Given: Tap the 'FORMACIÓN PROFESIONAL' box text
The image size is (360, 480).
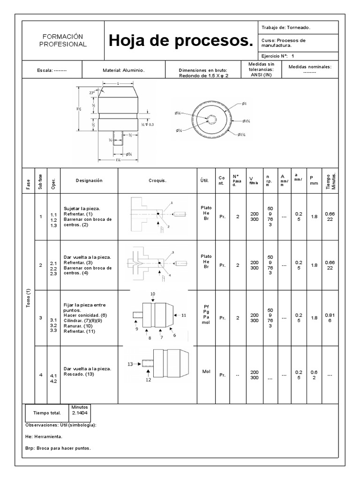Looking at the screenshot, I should (x=62, y=40).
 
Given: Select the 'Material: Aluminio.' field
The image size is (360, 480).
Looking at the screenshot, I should (x=123, y=70).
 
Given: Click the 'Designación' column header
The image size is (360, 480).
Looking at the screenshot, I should (x=89, y=180).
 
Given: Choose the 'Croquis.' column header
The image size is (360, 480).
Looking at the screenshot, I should (x=157, y=180).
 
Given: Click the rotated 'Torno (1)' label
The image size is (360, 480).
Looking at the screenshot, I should (x=29, y=297).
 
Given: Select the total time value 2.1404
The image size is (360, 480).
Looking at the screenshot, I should (x=80, y=416).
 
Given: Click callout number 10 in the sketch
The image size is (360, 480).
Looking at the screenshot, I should (x=153, y=293).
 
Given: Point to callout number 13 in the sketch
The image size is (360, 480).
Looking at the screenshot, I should (x=131, y=363).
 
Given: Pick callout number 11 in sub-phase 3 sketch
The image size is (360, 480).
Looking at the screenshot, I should (x=184, y=315).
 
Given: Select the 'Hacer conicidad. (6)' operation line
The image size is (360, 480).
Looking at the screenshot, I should (x=85, y=315).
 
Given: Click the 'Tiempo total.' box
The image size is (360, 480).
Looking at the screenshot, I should (x=47, y=413).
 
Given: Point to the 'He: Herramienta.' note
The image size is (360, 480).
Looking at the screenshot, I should (x=44, y=436).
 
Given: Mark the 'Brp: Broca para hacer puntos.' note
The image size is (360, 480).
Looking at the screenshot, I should (x=58, y=448).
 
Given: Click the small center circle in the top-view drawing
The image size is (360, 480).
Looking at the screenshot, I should (x=212, y=120).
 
